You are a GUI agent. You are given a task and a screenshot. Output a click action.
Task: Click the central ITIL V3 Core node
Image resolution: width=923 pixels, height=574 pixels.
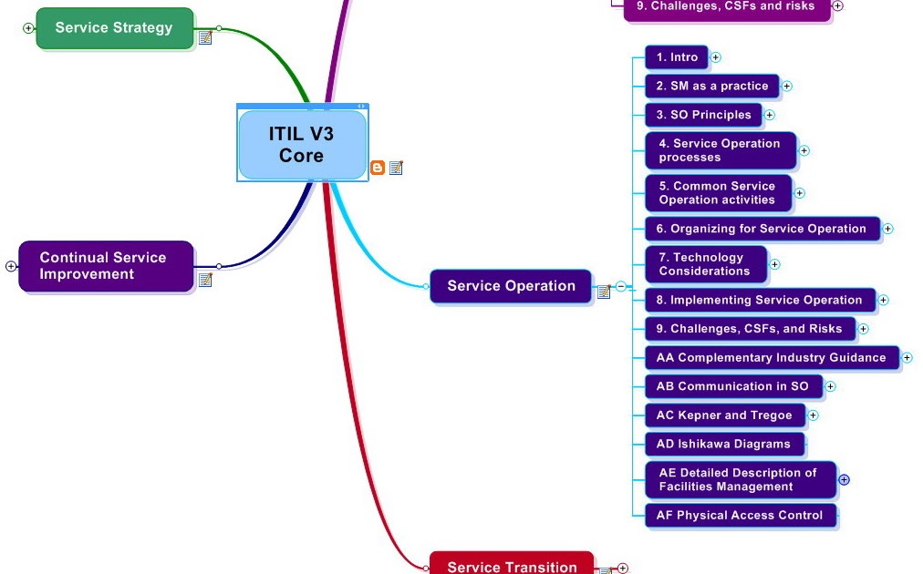pos(302,145)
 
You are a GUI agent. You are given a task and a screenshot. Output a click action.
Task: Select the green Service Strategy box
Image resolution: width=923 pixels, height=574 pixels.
pos(115,27)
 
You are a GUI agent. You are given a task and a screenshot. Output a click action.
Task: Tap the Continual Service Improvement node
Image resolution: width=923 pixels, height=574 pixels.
pos(106,266)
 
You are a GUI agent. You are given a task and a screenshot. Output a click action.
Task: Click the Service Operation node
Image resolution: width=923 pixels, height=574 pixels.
pos(511,286)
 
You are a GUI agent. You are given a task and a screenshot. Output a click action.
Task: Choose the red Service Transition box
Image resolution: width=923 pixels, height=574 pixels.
pos(512,565)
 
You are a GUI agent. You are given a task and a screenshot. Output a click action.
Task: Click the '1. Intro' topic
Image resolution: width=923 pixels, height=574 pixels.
pos(677,57)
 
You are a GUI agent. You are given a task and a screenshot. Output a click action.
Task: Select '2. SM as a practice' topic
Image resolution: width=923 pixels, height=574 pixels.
pos(712,86)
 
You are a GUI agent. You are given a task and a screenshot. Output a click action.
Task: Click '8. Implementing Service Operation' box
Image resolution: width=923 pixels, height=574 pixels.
pos(760,300)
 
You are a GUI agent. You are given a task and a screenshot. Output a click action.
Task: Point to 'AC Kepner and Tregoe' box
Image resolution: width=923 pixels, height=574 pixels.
pos(725,415)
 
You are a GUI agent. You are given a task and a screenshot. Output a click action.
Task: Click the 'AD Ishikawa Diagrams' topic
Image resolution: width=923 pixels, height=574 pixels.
pos(724,445)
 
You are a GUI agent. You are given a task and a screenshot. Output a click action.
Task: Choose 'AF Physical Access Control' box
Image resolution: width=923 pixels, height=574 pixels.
pos(740,516)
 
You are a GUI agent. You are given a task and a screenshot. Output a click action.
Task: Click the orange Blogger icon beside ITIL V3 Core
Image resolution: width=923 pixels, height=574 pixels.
pos(377,168)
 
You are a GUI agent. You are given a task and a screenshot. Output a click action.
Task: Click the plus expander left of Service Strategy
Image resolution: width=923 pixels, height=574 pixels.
pos(28,28)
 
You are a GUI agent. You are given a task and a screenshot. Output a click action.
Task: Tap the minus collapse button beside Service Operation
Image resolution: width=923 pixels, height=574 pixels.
pos(621,286)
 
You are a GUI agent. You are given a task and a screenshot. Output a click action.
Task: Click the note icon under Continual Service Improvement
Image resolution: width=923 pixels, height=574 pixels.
pos(205,280)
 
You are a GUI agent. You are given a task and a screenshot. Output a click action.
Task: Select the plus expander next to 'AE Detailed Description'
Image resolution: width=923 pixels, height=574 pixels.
pos(844,479)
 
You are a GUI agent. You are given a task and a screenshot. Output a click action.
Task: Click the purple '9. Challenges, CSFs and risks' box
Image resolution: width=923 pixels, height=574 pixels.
pos(727,7)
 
